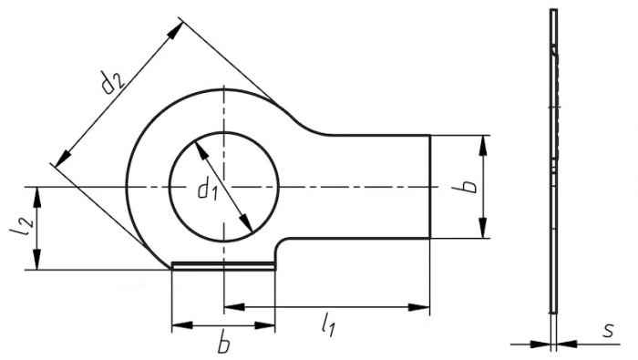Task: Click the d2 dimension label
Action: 112,82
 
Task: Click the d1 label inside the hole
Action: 208,190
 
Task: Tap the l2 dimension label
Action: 20,228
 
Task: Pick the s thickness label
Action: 608,331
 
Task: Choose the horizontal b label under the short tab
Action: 223,344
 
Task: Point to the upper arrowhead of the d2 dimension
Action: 176,30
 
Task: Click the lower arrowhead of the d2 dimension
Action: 63,158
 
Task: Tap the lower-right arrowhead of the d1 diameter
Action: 246,223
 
